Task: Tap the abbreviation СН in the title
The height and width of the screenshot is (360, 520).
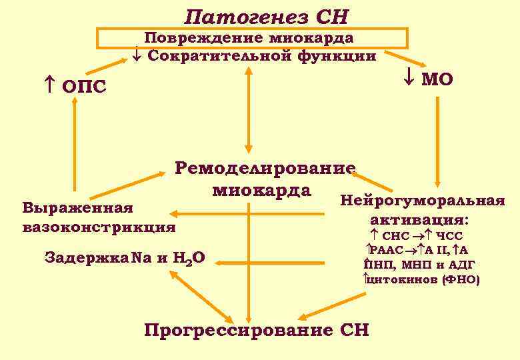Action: (331, 15)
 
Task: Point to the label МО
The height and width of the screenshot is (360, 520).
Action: (439, 79)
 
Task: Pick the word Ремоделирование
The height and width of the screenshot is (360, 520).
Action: (265, 166)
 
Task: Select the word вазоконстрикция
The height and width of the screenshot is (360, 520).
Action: (99, 227)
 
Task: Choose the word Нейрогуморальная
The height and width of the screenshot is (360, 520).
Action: (422, 201)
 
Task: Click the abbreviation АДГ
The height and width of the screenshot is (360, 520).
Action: (460, 265)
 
